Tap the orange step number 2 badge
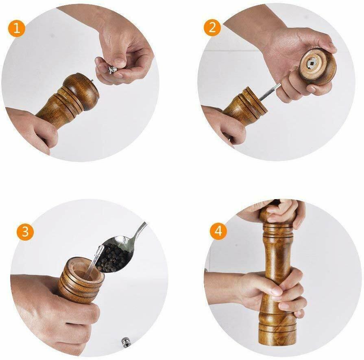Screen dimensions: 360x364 coord(212,28)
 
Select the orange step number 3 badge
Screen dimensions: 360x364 coord(25,231)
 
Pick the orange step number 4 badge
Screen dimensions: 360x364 coord(219,231)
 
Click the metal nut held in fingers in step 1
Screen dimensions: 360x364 coord(113,70)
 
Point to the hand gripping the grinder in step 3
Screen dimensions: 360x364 coord(53,310)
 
